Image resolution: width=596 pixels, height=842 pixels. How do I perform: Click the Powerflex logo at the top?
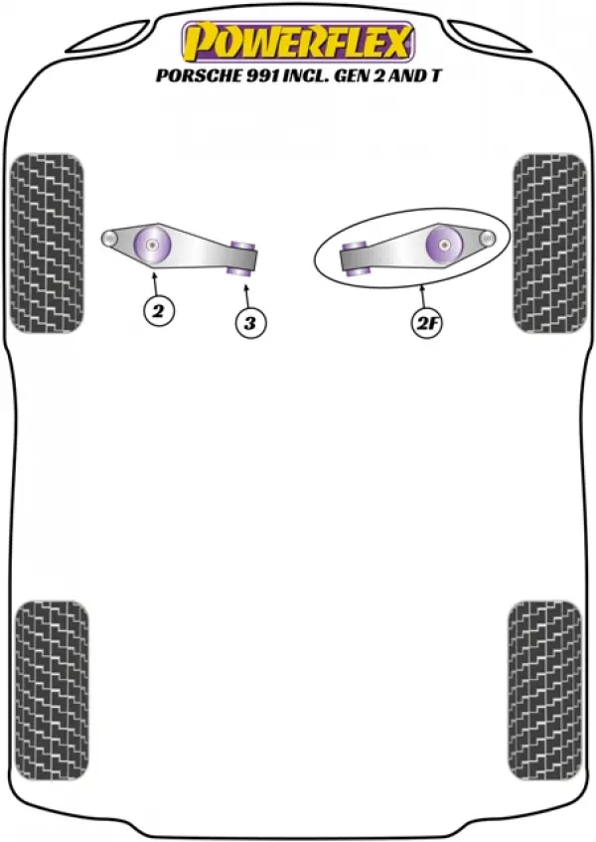point(298,43)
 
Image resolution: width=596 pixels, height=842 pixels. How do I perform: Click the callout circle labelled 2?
point(158,311)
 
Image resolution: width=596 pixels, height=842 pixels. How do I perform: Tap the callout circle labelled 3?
point(250,323)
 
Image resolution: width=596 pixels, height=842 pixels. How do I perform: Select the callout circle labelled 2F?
point(426,323)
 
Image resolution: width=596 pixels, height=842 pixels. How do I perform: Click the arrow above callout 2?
point(155,284)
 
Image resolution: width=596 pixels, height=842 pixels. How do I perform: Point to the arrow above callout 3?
point(246,296)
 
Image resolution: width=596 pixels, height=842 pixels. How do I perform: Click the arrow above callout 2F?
point(423,297)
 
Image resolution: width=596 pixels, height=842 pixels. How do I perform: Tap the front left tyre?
point(48,244)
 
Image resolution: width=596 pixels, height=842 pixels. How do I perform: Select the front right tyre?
point(548,244)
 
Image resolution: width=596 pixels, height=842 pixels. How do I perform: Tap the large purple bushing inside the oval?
point(444,245)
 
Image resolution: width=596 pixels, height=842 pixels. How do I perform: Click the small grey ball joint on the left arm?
point(110,239)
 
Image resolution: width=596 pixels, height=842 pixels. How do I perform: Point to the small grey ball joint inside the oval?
point(487,239)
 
